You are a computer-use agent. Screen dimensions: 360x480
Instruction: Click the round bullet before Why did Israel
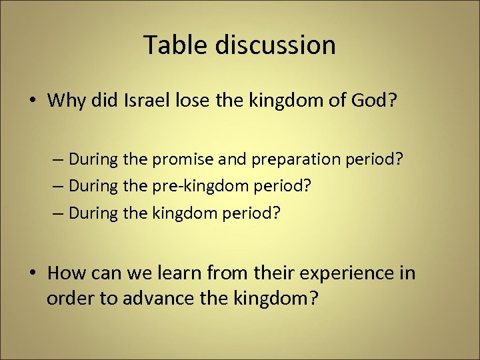coord(33,101)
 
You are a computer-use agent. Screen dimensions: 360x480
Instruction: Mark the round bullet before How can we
coord(33,273)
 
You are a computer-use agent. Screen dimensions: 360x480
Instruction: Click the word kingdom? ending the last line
coord(272,299)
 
